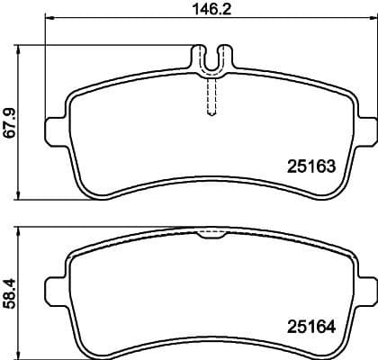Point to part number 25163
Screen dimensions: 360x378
[x=310, y=166]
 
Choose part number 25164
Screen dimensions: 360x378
[x=310, y=326]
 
